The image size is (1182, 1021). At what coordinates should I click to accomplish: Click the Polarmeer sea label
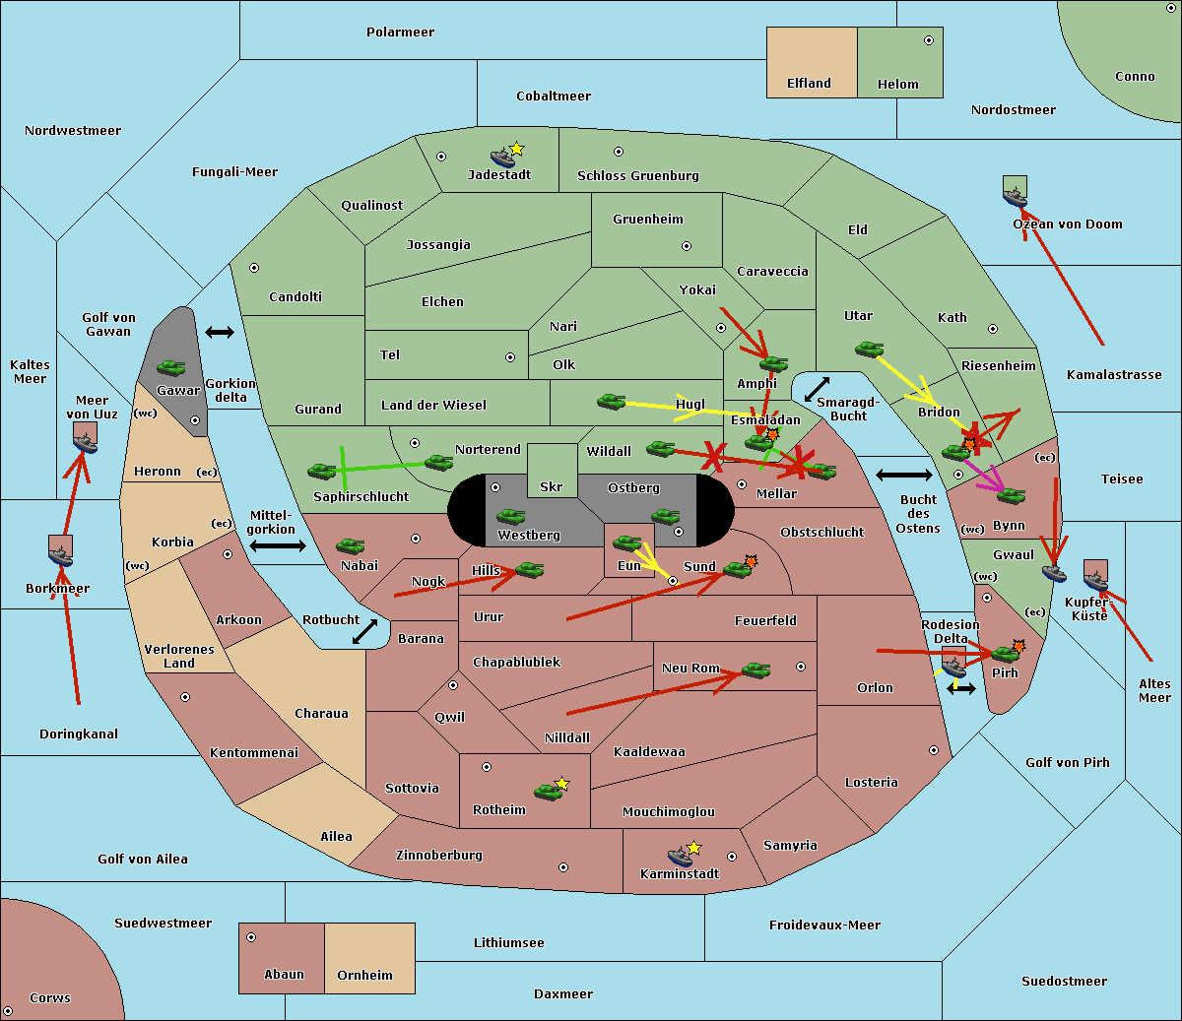click(x=400, y=32)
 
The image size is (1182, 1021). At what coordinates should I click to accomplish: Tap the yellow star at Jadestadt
click(x=516, y=150)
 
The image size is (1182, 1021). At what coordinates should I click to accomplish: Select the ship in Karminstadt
click(x=680, y=857)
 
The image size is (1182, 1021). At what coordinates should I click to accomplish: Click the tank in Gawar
click(x=170, y=367)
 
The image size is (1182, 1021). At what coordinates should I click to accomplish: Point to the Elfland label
click(x=809, y=84)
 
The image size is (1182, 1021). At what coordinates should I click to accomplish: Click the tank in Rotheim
click(x=548, y=792)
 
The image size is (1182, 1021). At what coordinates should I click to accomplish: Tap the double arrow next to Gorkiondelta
click(x=220, y=332)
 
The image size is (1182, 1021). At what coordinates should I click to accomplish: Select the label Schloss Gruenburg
click(x=637, y=175)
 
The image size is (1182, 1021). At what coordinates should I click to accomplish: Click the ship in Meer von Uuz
click(x=86, y=442)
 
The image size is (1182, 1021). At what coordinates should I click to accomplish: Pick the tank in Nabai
click(x=350, y=545)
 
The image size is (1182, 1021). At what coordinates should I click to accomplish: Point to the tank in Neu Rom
click(x=755, y=670)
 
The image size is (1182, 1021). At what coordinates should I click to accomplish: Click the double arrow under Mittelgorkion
click(x=278, y=545)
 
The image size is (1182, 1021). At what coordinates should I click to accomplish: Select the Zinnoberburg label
click(x=439, y=856)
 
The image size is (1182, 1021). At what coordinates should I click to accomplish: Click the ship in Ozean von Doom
click(x=1015, y=196)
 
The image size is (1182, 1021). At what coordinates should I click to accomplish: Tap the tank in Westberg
click(x=510, y=516)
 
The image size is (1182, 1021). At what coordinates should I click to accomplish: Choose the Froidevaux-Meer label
click(x=824, y=925)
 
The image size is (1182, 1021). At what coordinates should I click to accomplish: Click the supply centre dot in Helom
click(x=929, y=40)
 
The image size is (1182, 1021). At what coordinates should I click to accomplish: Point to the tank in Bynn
click(x=1011, y=495)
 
